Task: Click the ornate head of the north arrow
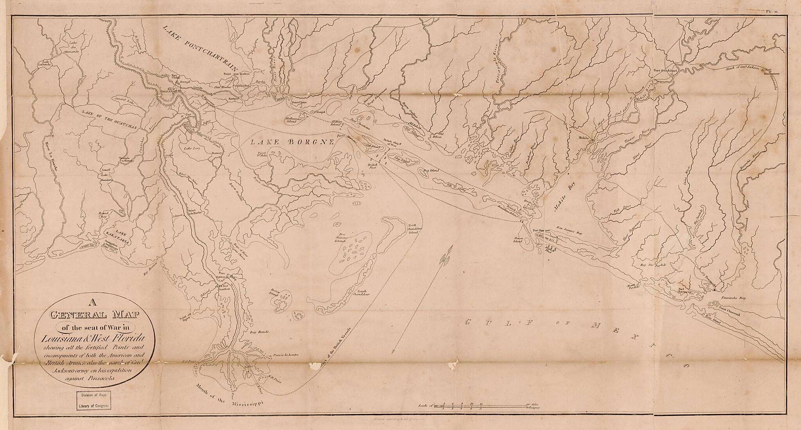445,258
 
